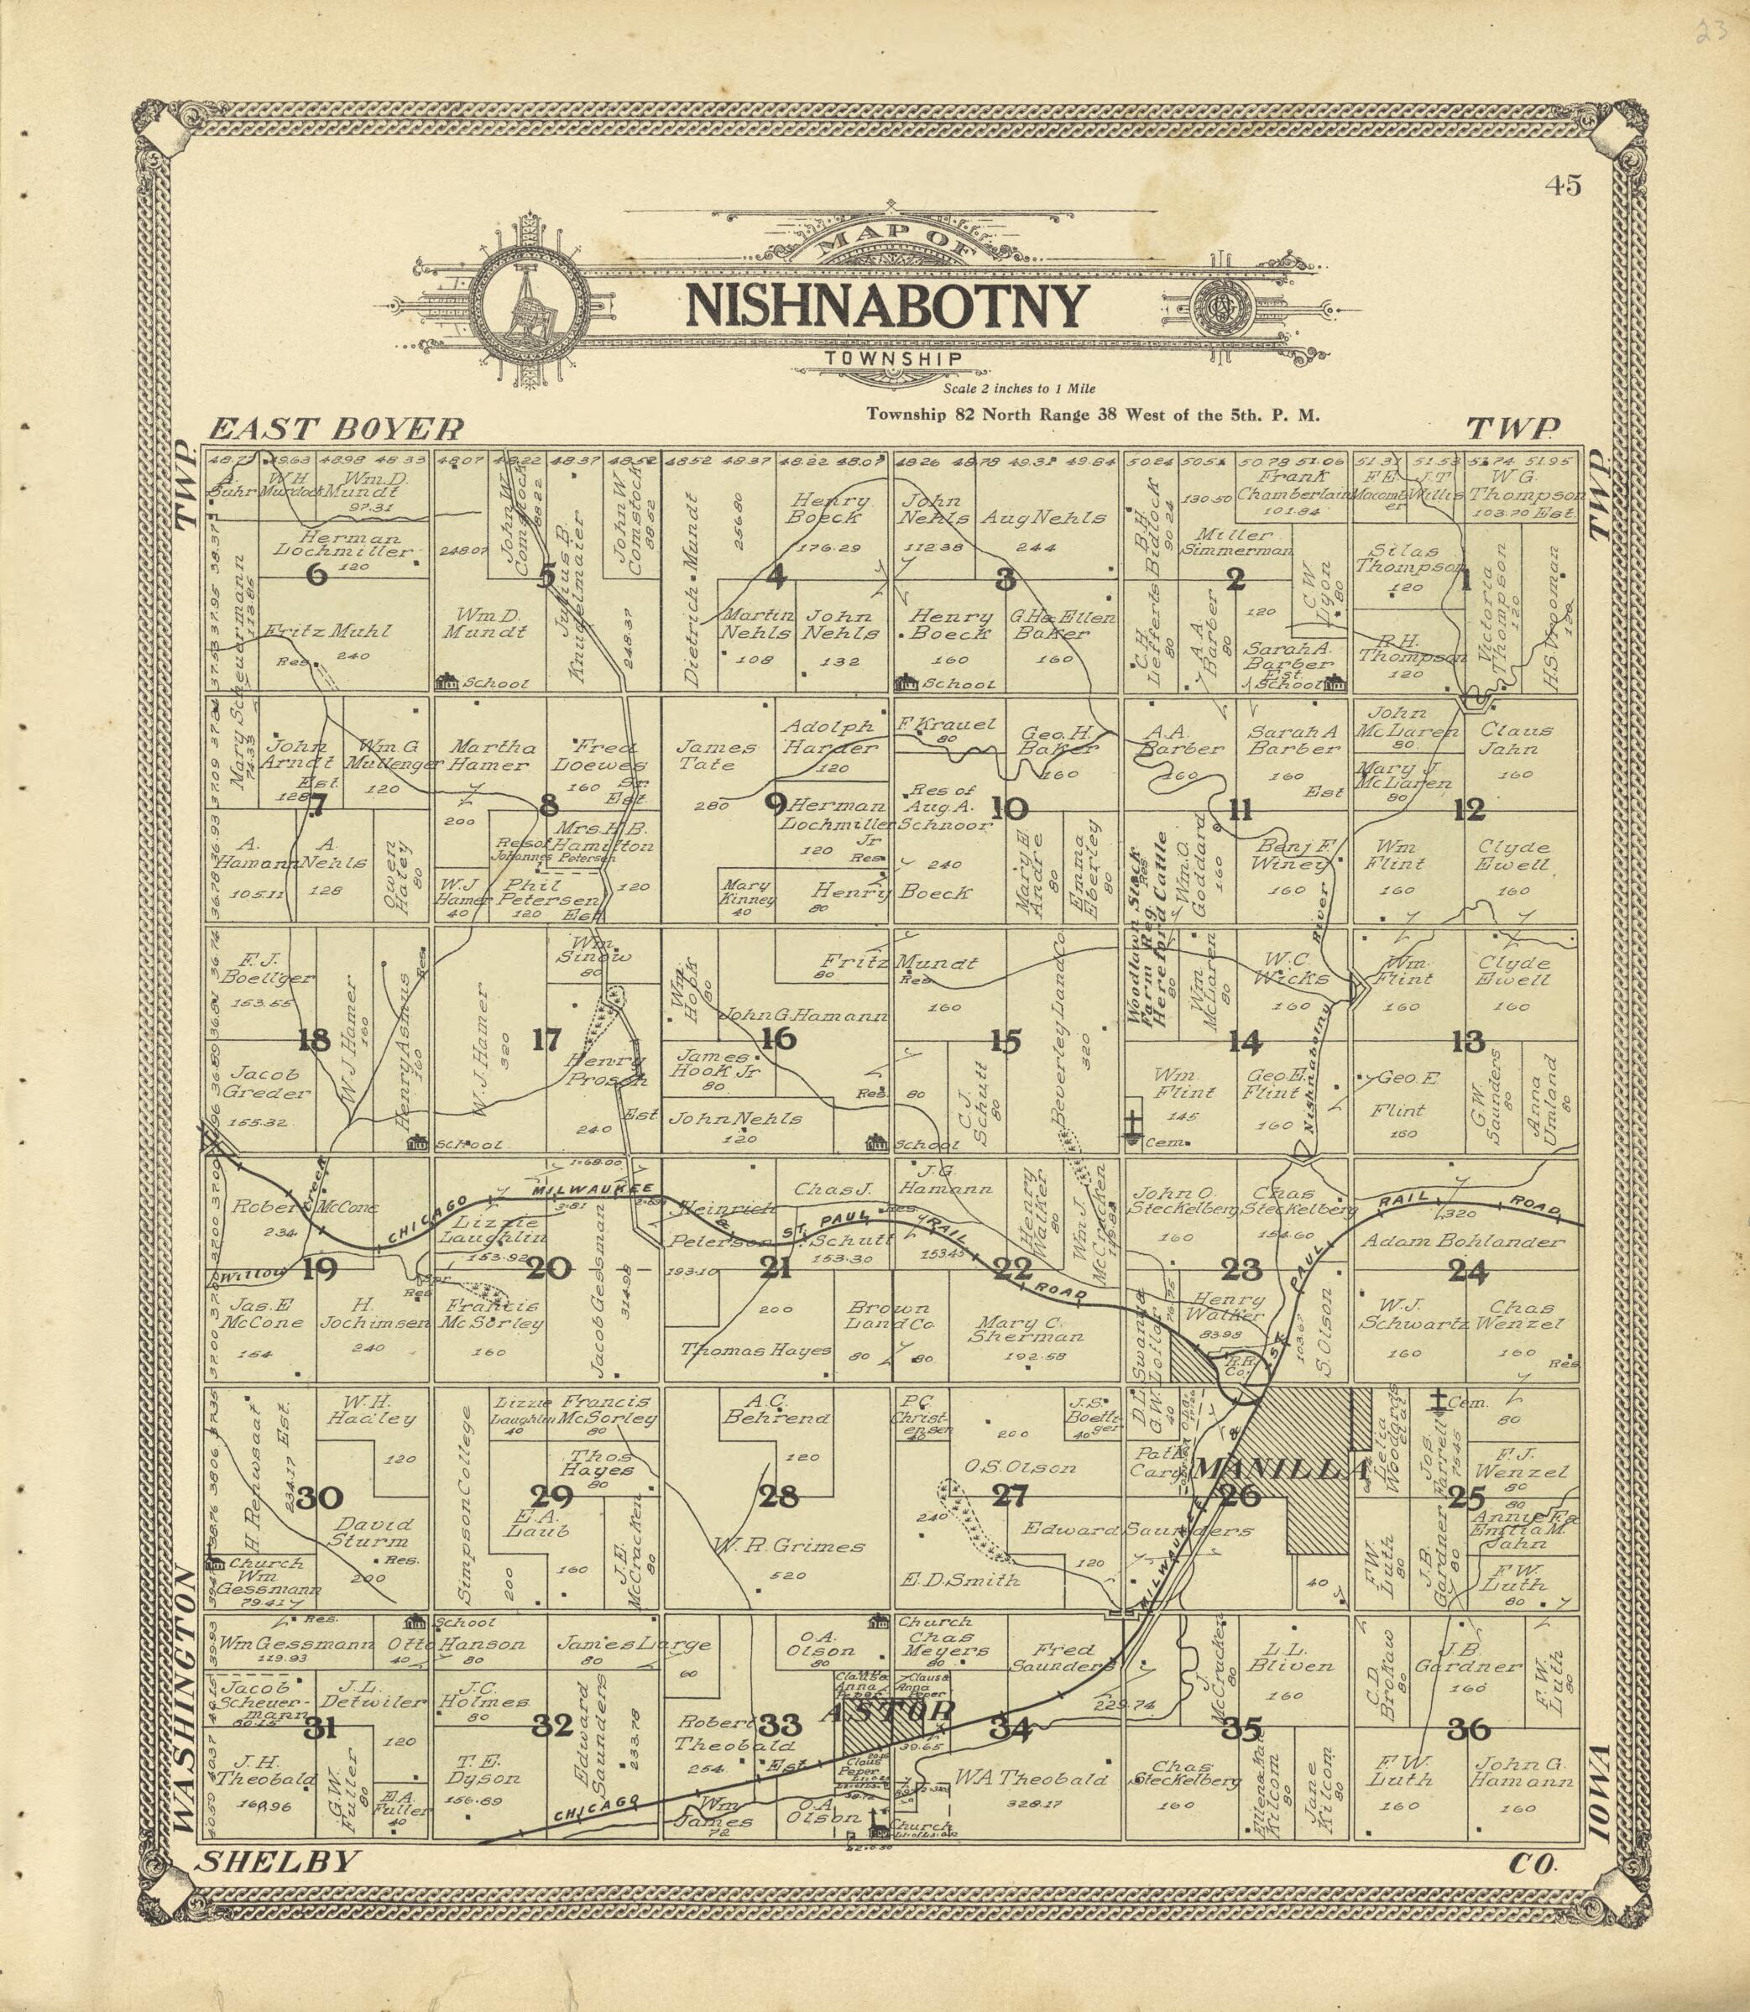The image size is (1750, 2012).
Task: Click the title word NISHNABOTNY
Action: [x=885, y=306]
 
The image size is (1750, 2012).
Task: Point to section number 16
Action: [x=777, y=1039]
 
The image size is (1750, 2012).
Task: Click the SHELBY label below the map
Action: [x=274, y=1862]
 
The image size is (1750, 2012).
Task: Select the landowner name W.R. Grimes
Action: [x=789, y=1546]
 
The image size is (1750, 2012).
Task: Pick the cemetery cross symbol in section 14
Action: [x=1133, y=1121]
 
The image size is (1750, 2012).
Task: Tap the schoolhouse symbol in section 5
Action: [x=448, y=680]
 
